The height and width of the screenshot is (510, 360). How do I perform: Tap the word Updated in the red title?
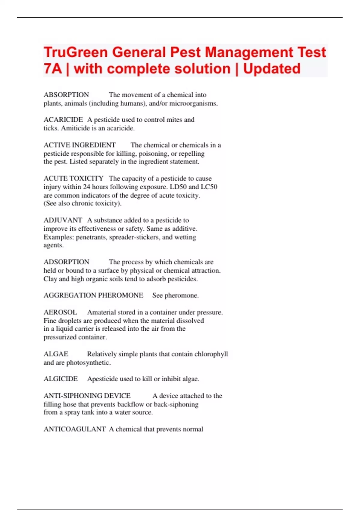(271, 69)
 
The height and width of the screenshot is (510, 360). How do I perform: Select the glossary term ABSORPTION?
(66, 95)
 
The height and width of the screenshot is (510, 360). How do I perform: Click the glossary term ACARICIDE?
(63, 120)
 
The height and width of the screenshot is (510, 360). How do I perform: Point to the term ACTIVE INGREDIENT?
(79, 145)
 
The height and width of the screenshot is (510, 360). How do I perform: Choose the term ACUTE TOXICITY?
(73, 178)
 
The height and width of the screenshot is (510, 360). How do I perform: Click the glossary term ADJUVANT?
(63, 220)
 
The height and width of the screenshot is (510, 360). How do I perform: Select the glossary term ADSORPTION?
(66, 262)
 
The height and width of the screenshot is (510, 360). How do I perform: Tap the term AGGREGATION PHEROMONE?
(93, 295)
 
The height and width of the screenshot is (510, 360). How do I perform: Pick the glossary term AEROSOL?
(60, 312)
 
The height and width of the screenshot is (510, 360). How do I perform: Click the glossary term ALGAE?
(56, 354)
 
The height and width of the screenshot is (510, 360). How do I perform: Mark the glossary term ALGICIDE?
(61, 379)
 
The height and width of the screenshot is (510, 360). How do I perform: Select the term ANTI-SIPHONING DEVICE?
(87, 396)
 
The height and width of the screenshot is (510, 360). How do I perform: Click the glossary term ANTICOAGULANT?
(75, 429)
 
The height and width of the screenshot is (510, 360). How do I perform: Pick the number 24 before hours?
(86, 187)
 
